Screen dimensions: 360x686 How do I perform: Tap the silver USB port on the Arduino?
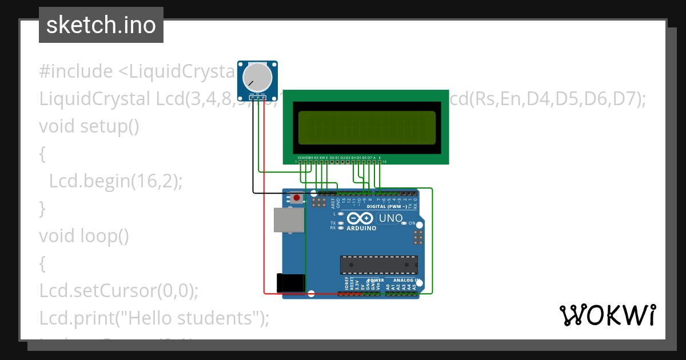click(289, 220)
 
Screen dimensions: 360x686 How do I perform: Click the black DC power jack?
click(291, 283)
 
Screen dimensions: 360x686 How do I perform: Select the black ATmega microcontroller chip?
click(379, 265)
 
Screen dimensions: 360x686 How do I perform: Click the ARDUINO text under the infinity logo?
click(361, 228)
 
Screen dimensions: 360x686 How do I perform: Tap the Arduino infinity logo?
click(361, 218)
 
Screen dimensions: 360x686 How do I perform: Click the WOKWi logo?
click(607, 315)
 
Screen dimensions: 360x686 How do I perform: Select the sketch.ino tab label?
click(101, 25)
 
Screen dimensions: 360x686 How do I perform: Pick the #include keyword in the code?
click(76, 71)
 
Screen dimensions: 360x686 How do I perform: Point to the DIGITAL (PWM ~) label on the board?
click(387, 206)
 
